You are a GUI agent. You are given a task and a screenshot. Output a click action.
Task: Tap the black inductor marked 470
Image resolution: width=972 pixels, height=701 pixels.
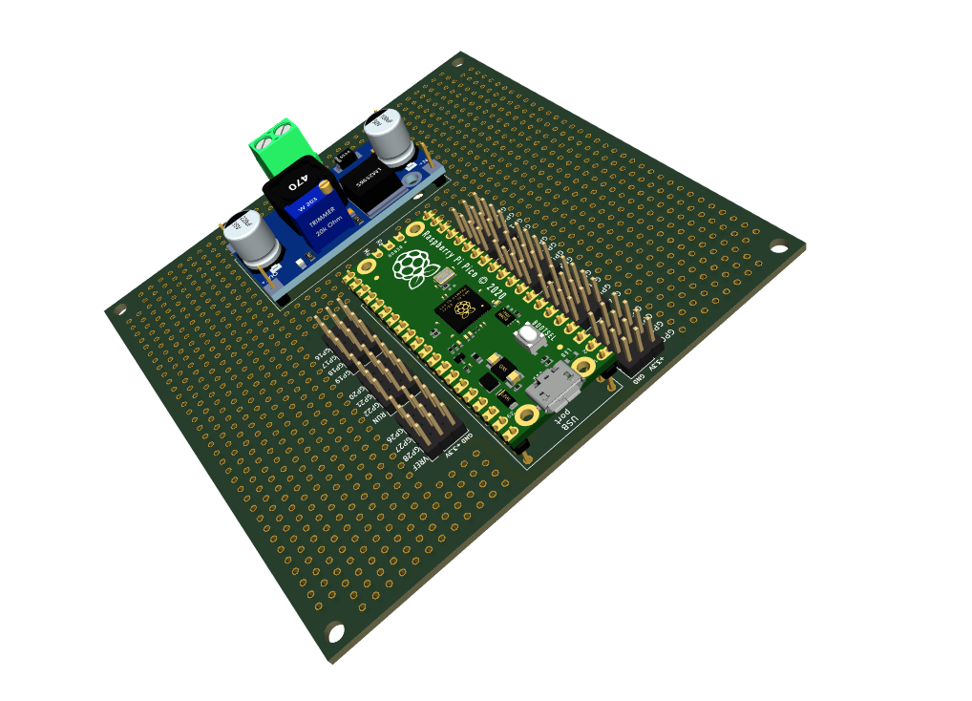pyautogui.click(x=296, y=181)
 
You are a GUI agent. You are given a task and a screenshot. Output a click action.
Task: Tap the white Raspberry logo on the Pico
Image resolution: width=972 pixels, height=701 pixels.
pyautogui.click(x=413, y=266)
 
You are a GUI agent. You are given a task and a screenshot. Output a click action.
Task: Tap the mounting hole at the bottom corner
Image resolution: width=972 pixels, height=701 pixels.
pyautogui.click(x=336, y=632)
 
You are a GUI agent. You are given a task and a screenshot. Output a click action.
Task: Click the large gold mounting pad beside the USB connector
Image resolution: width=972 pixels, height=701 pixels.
pyautogui.click(x=526, y=416)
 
